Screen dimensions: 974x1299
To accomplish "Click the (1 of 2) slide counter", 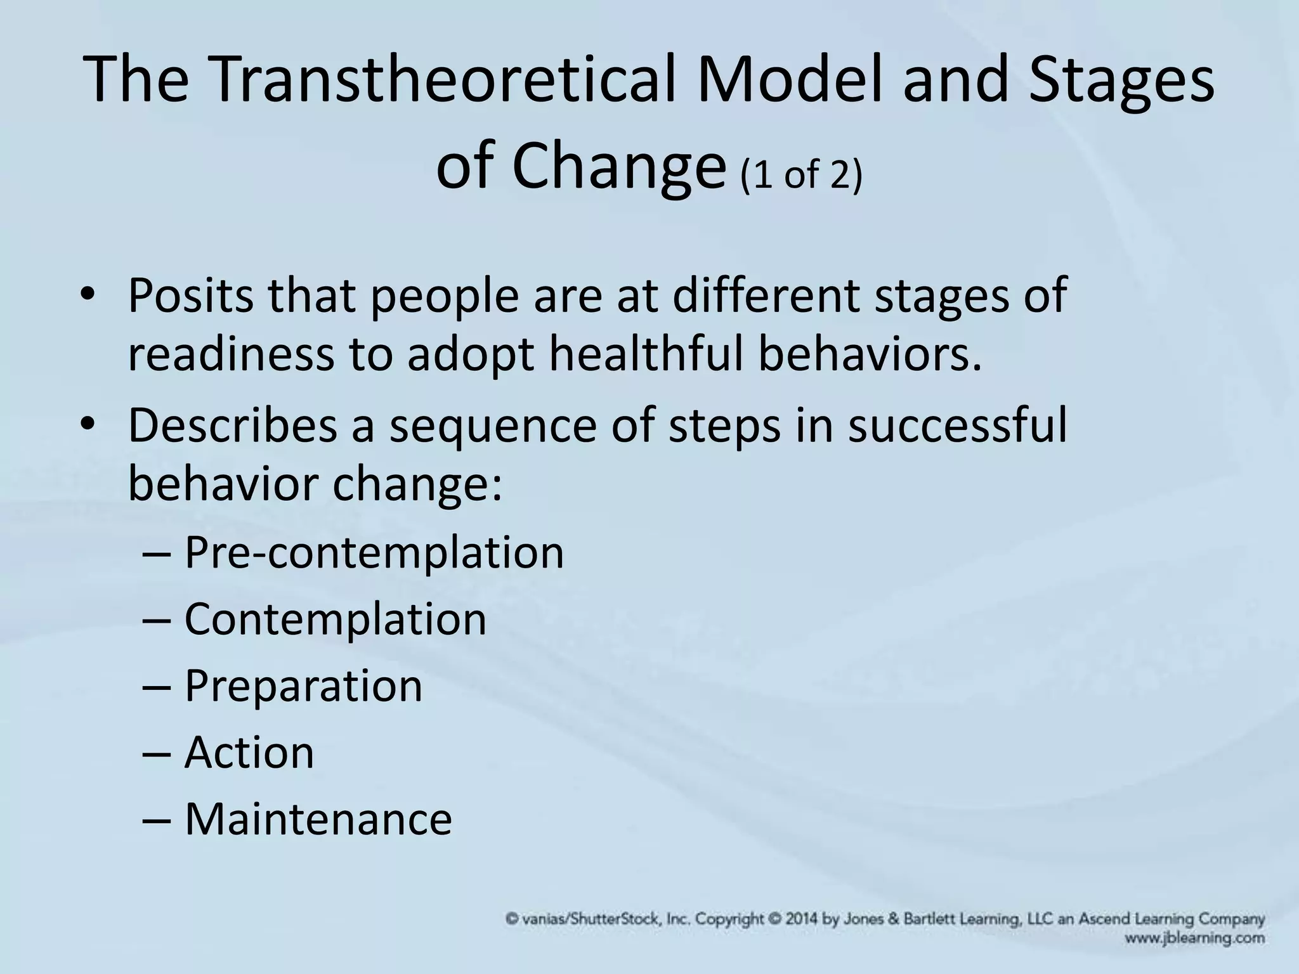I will (x=801, y=174).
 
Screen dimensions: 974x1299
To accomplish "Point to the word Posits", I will (x=190, y=296).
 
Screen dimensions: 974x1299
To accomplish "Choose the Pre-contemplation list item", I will (x=374, y=552).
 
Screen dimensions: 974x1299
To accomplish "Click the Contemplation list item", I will (x=335, y=619).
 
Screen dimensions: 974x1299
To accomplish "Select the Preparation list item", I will (x=303, y=686).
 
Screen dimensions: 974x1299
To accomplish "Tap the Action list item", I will (x=249, y=753).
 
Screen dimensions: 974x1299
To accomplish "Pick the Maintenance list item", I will (x=318, y=819).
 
